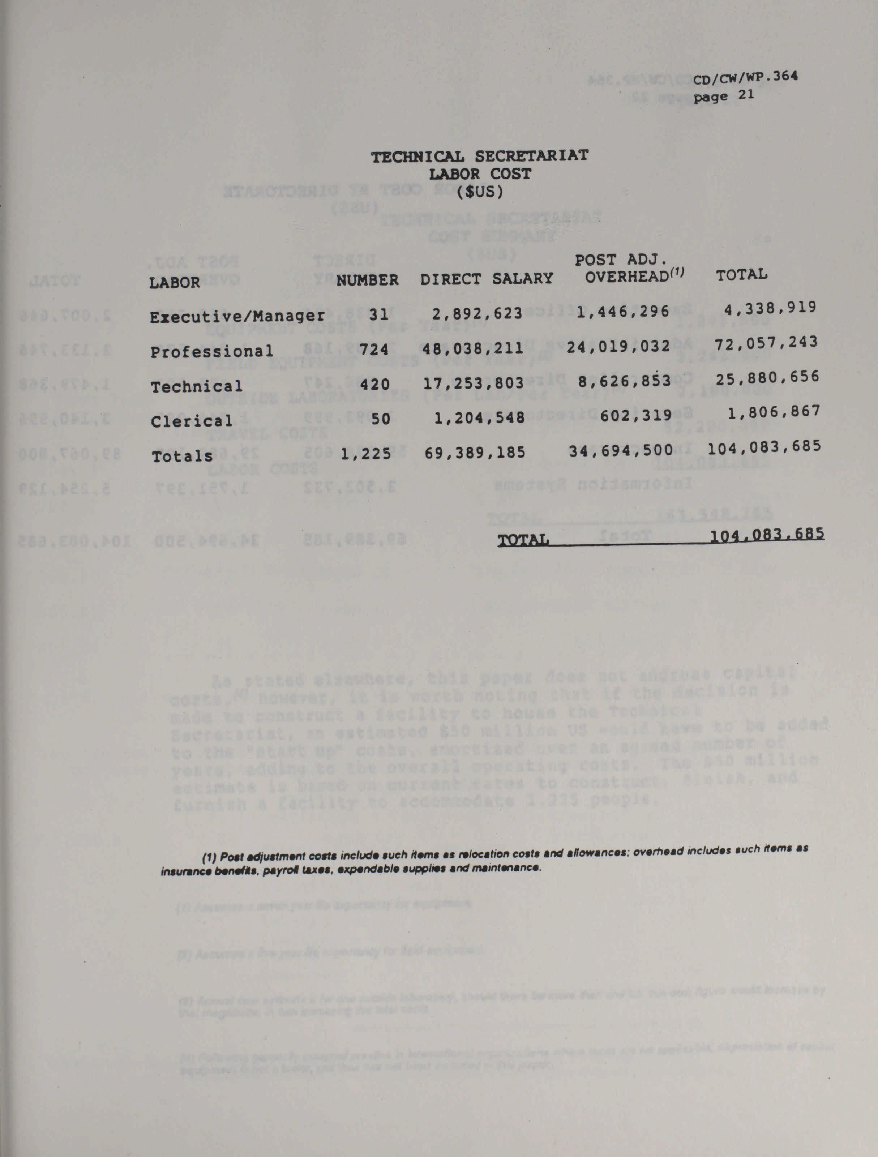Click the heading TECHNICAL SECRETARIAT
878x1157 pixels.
point(480,156)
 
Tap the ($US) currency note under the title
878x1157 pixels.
point(480,192)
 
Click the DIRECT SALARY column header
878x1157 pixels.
point(486,278)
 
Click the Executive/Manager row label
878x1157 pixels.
point(237,316)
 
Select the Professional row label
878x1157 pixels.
point(212,351)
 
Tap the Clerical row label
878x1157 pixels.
point(191,421)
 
